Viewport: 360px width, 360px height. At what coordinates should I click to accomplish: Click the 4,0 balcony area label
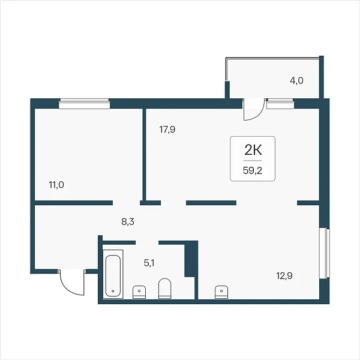296,81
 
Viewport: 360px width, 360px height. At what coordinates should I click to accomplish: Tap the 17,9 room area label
167,130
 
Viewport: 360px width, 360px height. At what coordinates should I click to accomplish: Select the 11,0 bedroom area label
56,185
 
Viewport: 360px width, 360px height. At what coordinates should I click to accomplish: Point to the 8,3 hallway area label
128,222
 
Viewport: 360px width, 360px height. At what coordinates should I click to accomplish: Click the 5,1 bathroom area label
149,263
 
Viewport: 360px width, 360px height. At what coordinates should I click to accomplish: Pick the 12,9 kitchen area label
284,276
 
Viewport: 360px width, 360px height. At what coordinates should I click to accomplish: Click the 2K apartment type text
253,151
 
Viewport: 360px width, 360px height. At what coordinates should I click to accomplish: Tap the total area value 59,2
253,170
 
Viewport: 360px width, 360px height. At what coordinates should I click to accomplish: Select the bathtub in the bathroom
113,274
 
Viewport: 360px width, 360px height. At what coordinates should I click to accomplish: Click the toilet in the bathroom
165,289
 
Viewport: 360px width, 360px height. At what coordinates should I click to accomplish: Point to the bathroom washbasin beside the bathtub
139,292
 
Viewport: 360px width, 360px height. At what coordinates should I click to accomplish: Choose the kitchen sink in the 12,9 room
221,292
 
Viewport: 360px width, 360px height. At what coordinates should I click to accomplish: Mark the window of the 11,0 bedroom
84,104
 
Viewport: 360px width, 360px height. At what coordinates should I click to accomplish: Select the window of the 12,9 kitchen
325,253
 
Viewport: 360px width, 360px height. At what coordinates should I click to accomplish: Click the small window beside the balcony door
280,104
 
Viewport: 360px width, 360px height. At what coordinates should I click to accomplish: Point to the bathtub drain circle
113,291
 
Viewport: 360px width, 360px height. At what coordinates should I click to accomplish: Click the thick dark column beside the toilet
191,259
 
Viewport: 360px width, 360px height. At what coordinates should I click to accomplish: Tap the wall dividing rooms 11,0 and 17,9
145,154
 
